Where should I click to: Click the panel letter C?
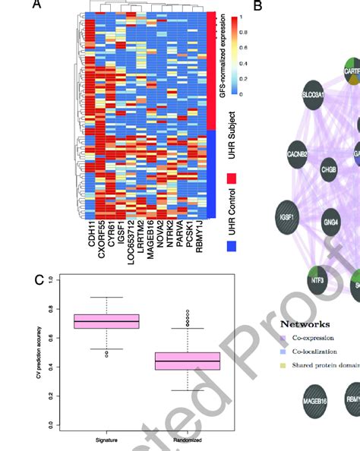[39, 279]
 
